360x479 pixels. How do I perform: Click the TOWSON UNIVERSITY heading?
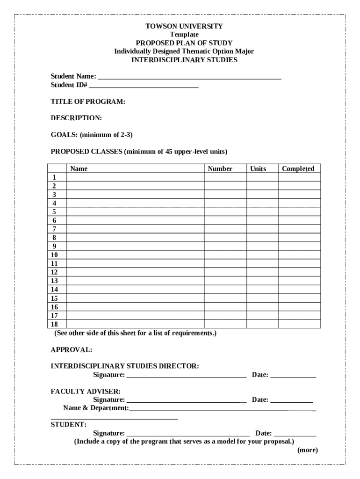click(184, 26)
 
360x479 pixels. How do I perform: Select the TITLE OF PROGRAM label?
click(88, 102)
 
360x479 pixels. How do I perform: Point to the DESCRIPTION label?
click(76, 118)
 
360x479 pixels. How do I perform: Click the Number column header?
click(220, 168)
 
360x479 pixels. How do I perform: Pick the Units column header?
click(258, 168)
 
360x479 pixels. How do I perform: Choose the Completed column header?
click(298, 168)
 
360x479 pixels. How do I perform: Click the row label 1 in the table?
click(55, 177)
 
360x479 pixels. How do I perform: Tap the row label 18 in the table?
click(55, 324)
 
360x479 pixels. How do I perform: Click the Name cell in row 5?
click(135, 212)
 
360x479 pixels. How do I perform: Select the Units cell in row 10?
click(262, 255)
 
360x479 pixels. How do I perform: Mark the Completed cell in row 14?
click(299, 290)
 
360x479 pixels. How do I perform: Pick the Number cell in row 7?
click(225, 229)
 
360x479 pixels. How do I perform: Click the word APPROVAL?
click(71, 349)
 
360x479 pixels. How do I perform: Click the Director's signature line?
click(186, 375)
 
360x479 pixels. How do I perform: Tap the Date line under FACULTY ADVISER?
click(291, 400)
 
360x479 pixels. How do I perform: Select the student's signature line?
click(188, 434)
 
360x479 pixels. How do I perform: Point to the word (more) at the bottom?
click(307, 450)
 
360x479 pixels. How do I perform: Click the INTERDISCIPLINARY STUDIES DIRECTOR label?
click(125, 366)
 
